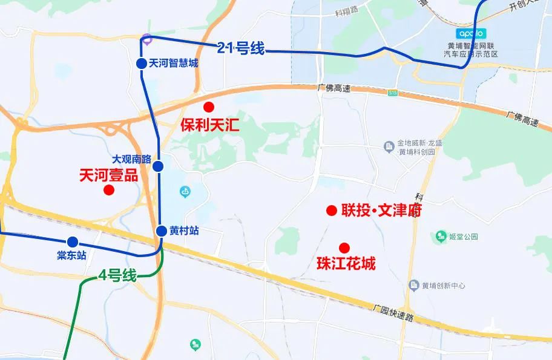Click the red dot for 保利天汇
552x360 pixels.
point(209,107)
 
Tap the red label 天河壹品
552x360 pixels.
point(109,175)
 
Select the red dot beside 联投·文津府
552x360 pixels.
point(332,211)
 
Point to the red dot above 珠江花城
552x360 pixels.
point(344,247)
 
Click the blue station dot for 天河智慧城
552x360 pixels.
point(141,63)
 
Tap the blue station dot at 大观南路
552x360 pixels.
point(158,166)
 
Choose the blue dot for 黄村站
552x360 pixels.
point(162,231)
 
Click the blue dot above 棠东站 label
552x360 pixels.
point(73,242)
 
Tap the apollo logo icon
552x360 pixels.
point(470,33)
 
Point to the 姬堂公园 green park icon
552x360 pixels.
point(441,235)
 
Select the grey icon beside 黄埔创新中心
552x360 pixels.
point(414,285)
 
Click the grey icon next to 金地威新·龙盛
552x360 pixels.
point(389,145)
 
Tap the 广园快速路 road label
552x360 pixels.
point(394,315)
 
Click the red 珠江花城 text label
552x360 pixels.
point(346,264)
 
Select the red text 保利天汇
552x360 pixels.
point(210,126)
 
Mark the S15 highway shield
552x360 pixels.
point(393,93)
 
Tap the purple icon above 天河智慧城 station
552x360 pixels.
point(147,38)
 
